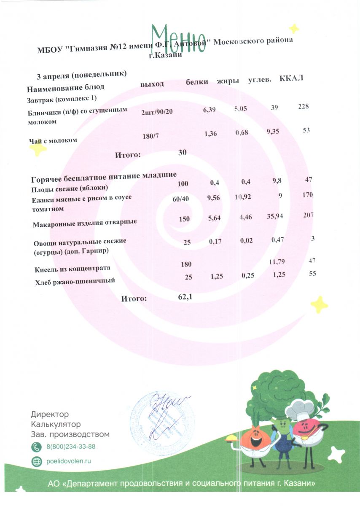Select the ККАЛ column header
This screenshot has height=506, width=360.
click(291, 79)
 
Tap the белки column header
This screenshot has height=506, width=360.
click(197, 81)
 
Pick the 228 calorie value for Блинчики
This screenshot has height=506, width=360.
click(303, 106)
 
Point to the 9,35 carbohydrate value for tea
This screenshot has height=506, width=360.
click(275, 132)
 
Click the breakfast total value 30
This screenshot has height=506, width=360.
click(182, 152)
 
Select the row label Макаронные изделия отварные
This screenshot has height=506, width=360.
click(85, 222)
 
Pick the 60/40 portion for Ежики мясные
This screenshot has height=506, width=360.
click(180, 199)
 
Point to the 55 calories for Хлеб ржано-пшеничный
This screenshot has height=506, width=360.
click(312, 273)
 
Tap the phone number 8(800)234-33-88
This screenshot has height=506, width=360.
click(70, 447)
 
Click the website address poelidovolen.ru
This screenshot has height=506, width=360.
click(69, 461)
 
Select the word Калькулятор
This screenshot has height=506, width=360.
click(56, 424)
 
